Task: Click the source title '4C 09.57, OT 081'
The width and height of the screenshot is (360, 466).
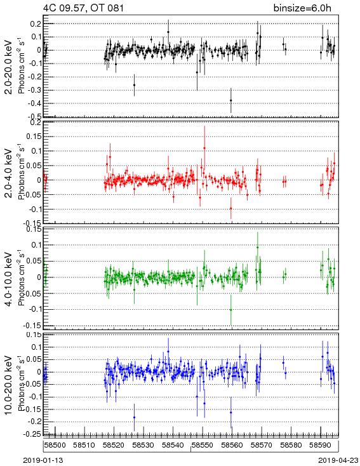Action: pos(84,8)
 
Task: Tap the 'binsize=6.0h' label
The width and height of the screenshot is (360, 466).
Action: pos(302,8)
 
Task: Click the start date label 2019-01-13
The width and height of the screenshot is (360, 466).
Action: pos(43,460)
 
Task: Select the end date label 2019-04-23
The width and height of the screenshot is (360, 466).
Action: pos(338,460)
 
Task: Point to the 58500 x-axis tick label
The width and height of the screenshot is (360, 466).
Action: pos(55,445)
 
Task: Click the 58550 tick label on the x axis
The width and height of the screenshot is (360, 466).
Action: pos(203,445)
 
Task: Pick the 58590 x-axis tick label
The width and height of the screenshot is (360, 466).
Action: pos(321,445)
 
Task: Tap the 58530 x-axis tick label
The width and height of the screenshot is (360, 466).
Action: pos(143,445)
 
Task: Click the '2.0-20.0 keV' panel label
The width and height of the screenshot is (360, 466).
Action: pos(9,67)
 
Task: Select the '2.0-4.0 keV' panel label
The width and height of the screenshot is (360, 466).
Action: pos(9,173)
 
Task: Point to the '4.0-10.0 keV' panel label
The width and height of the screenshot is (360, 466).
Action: pos(9,279)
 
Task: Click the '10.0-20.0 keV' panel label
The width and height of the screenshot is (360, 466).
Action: pos(9,385)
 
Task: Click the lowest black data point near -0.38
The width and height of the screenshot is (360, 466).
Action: pos(230,100)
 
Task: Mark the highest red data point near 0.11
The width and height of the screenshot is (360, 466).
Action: pos(204,148)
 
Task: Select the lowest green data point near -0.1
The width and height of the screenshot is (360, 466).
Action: pos(230,310)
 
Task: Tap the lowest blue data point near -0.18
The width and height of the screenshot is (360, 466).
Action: pos(134,417)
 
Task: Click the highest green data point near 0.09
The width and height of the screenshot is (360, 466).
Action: pos(257,247)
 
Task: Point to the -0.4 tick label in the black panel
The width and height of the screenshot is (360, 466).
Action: pos(35,103)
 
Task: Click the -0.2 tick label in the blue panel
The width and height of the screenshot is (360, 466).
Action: pos(35,422)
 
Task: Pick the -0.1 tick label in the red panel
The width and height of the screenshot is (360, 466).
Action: pos(35,209)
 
